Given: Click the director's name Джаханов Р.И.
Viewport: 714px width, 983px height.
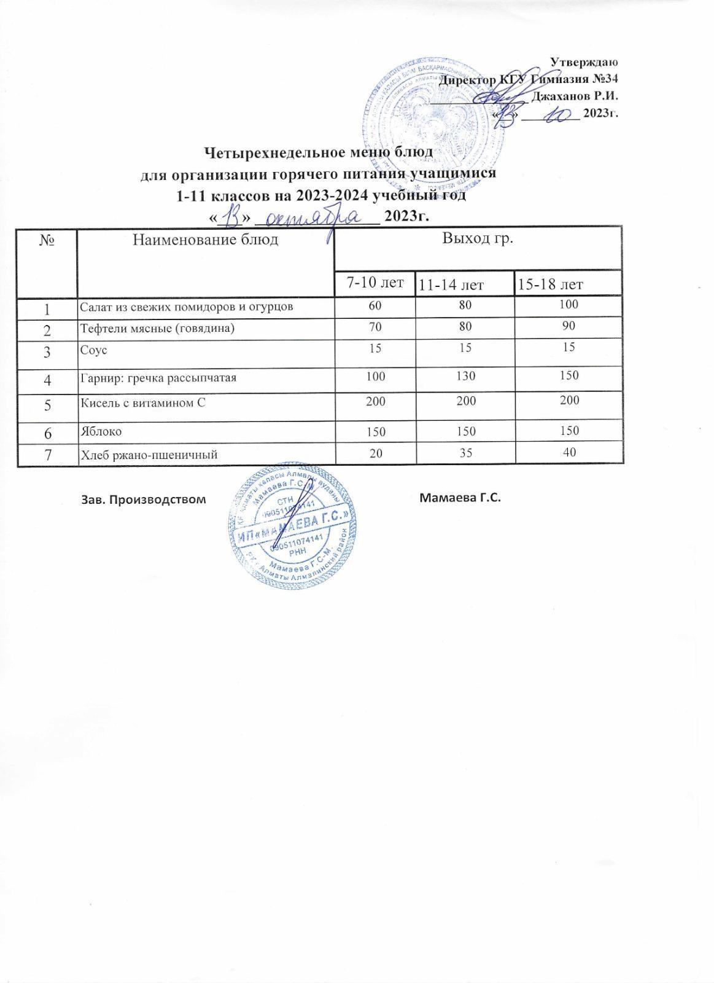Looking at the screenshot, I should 574,96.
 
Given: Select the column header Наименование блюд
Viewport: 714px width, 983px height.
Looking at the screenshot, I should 206,240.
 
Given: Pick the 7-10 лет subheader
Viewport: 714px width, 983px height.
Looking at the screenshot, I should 375,283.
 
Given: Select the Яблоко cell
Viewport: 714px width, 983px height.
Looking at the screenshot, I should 101,431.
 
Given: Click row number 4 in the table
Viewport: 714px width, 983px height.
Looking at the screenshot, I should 47,379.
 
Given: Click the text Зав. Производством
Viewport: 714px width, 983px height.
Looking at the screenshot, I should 143,499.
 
